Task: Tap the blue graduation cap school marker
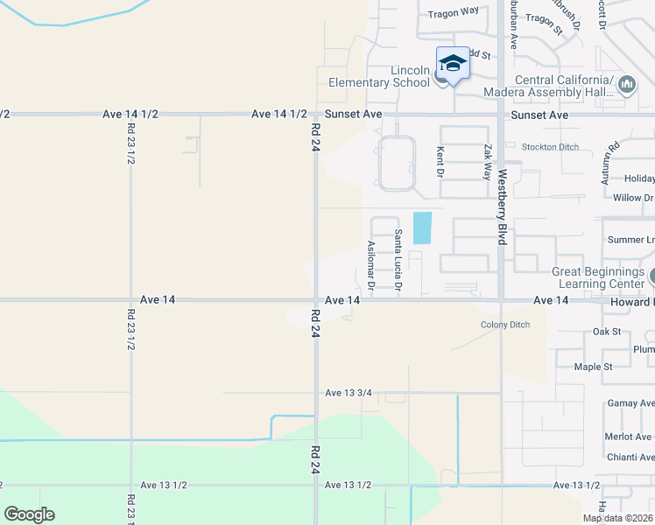click(453, 64)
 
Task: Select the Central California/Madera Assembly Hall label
click(562, 86)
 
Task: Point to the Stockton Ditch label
click(550, 147)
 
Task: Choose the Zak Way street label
click(488, 162)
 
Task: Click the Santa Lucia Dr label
click(398, 260)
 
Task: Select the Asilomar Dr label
click(371, 265)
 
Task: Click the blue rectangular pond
click(422, 228)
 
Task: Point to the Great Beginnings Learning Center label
click(597, 277)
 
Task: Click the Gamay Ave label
click(629, 403)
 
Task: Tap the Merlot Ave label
click(629, 437)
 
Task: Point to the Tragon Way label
click(453, 14)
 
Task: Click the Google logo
click(29, 514)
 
